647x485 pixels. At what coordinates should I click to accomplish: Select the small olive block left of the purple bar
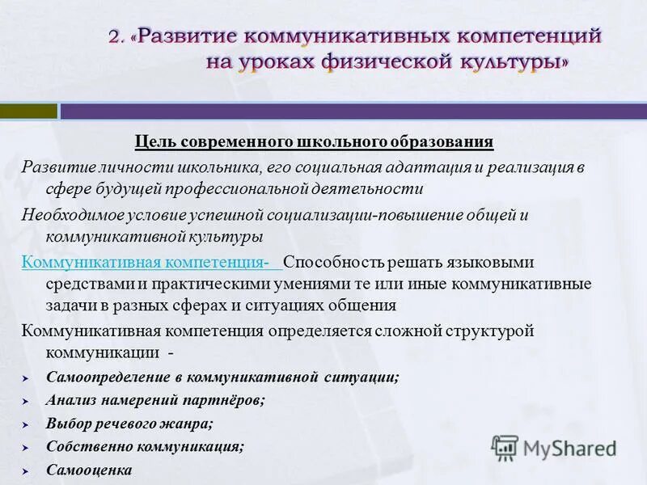pyautogui.click(x=28, y=111)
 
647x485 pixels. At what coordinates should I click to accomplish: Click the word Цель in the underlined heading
pyautogui.click(x=150, y=142)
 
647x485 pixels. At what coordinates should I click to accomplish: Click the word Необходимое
pyautogui.click(x=72, y=215)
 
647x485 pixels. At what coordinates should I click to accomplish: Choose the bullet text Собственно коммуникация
pyautogui.click(x=145, y=445)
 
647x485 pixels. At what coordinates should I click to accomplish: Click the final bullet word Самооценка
pyautogui.click(x=88, y=469)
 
